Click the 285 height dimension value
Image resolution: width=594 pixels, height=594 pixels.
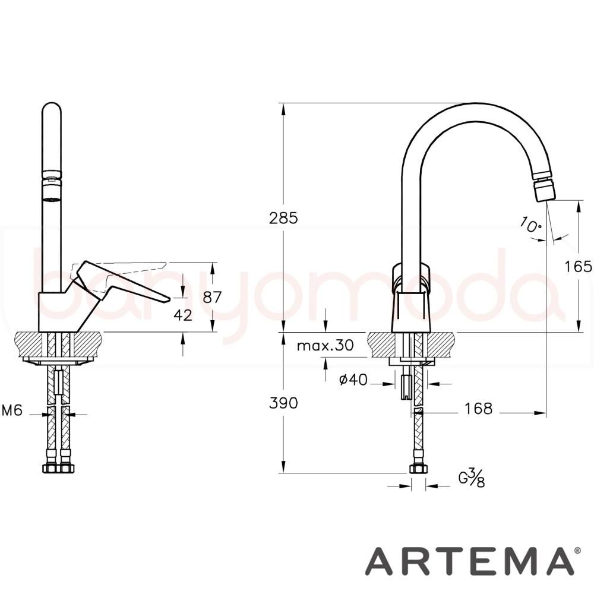click(x=283, y=218)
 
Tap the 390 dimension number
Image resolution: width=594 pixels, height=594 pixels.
click(x=283, y=403)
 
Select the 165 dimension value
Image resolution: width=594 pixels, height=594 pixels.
click(x=579, y=267)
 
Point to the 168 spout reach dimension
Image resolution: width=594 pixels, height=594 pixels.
click(x=478, y=409)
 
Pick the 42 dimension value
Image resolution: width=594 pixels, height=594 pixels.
click(x=182, y=315)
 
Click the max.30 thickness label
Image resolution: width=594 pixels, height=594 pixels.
click(x=326, y=345)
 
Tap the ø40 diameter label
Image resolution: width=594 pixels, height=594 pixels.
click(x=353, y=380)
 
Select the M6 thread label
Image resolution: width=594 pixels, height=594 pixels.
click(x=12, y=410)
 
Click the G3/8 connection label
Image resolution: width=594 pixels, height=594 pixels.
click(x=472, y=478)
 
